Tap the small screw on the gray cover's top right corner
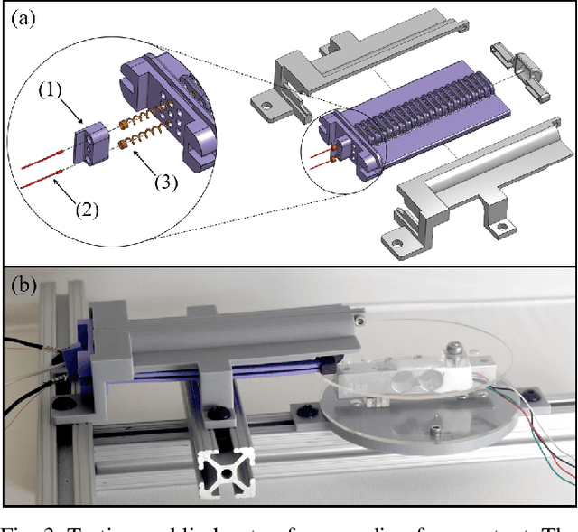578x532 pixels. (360, 317)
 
